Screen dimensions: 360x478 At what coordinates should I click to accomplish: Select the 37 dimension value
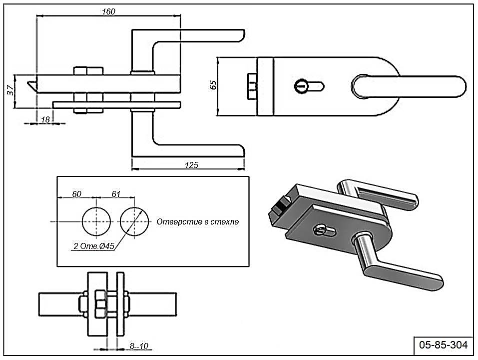(x=9, y=90)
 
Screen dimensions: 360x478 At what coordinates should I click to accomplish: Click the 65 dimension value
(x=213, y=85)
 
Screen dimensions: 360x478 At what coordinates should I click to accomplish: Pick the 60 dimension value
(x=76, y=194)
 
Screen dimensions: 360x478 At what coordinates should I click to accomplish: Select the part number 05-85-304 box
(x=444, y=345)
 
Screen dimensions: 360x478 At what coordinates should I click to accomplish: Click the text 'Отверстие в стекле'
(x=197, y=221)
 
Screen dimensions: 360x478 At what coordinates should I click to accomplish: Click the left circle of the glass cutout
(x=97, y=221)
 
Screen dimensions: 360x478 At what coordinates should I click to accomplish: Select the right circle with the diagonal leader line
(x=135, y=221)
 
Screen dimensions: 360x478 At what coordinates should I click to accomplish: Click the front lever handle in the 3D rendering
(x=400, y=270)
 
